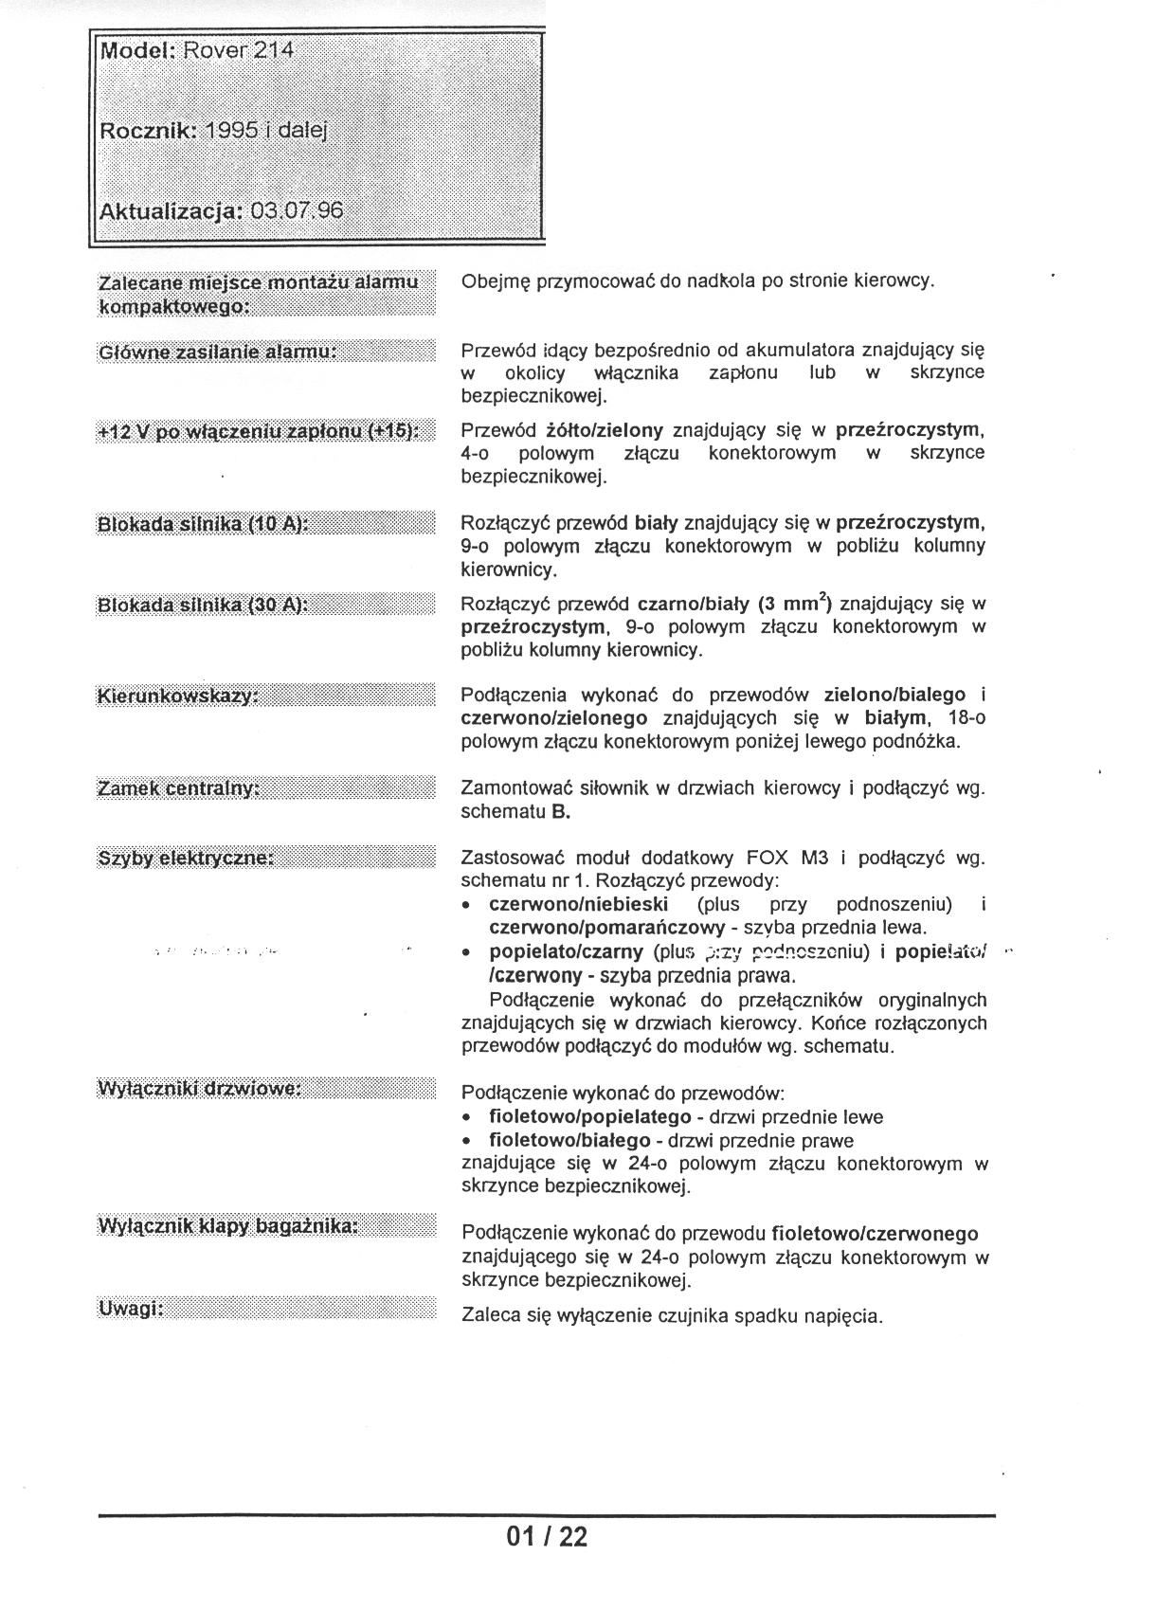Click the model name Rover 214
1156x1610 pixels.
pos(239,50)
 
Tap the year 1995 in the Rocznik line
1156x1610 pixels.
pos(231,131)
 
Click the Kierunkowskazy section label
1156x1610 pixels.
pos(177,696)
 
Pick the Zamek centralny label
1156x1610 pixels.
pos(178,788)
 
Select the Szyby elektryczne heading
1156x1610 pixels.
pos(186,858)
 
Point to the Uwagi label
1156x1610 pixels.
pos(131,1309)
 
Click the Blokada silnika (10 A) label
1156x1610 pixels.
pos(203,524)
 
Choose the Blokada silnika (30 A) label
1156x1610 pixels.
pos(203,605)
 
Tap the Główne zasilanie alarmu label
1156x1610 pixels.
pos(218,353)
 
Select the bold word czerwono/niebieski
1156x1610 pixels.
pos(578,904)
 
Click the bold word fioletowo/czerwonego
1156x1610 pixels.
pos(875,1234)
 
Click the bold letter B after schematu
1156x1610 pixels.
pos(561,812)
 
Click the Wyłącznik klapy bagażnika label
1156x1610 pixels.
pos(228,1226)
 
